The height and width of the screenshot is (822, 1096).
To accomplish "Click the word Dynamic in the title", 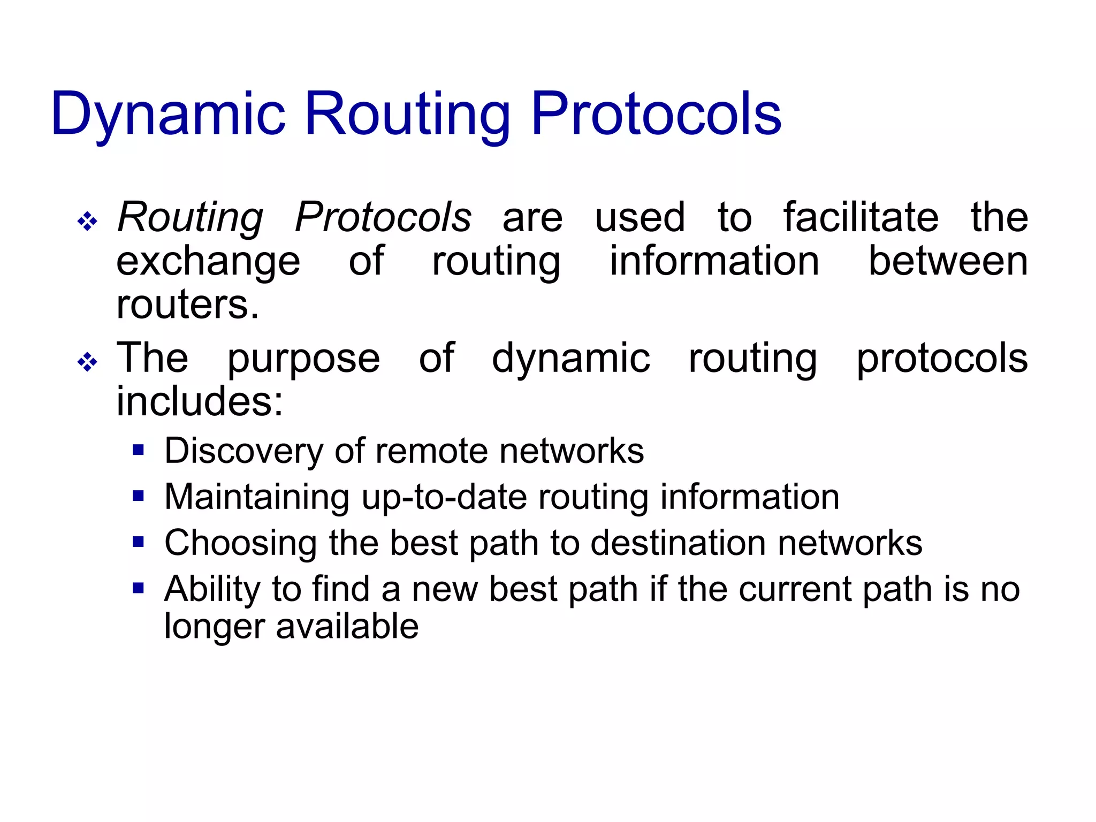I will (168, 114).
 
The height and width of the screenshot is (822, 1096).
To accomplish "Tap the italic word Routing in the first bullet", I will (191, 217).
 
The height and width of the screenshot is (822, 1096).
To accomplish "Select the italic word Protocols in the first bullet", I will (383, 217).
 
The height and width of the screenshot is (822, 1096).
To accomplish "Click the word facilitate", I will (861, 217).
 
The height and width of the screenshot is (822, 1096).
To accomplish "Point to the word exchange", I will (208, 262).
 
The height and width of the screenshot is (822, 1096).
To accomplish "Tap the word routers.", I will (187, 305).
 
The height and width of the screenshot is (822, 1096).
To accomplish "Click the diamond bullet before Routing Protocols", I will (87, 221).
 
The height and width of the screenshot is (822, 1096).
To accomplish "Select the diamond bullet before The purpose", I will (87, 362).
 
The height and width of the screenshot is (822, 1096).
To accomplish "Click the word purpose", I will (303, 359).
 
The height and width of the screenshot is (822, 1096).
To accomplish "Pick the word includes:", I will (199, 401).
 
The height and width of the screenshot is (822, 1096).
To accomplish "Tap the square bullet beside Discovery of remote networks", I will (139, 450).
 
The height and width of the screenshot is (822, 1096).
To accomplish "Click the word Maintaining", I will (256, 497).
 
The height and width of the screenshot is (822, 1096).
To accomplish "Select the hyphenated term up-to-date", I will (444, 497).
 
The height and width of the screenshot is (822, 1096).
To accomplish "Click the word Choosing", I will (240, 543).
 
